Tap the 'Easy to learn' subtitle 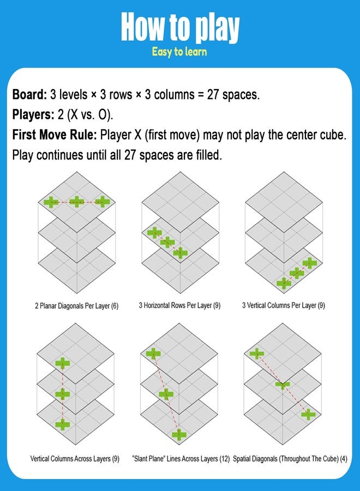pyautogui.click(x=179, y=52)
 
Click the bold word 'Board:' pyautogui.click(x=29, y=94)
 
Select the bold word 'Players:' pyautogui.click(x=33, y=115)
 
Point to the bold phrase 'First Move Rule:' pyautogui.click(x=55, y=135)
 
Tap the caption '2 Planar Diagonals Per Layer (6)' pyautogui.click(x=77, y=306)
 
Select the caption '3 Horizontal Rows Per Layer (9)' pyautogui.click(x=179, y=306)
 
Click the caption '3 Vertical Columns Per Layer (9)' pyautogui.click(x=283, y=306)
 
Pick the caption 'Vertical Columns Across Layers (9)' pyautogui.click(x=75, y=459)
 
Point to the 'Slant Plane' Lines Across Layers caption pyautogui.click(x=181, y=459)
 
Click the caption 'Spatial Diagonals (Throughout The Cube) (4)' pyautogui.click(x=290, y=459)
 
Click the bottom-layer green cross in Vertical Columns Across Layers pyautogui.click(x=63, y=424)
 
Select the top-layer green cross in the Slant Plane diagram pyautogui.click(x=153, y=354)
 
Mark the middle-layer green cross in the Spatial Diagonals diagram pyautogui.click(x=283, y=385)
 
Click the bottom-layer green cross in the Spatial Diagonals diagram pyautogui.click(x=308, y=414)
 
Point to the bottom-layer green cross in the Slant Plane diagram pyautogui.click(x=179, y=435)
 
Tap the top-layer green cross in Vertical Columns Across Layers pyautogui.click(x=63, y=363)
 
